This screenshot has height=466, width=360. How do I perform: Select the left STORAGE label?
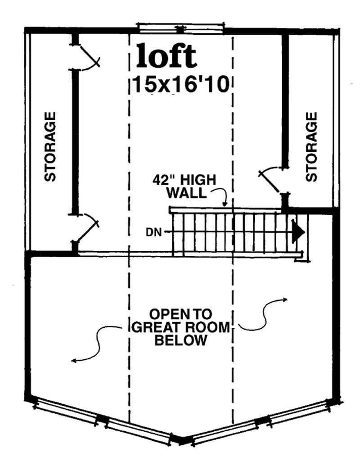50,146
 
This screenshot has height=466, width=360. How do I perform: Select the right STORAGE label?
311,146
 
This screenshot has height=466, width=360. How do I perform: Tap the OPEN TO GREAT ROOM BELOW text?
181,326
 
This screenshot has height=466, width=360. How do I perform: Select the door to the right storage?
271,179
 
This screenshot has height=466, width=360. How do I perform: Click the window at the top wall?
180,27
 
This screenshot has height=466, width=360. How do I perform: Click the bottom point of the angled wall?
182,439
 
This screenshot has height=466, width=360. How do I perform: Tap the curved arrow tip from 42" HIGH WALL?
224,205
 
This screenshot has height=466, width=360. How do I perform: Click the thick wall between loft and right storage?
285,99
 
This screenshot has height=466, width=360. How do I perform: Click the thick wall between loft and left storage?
75,142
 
